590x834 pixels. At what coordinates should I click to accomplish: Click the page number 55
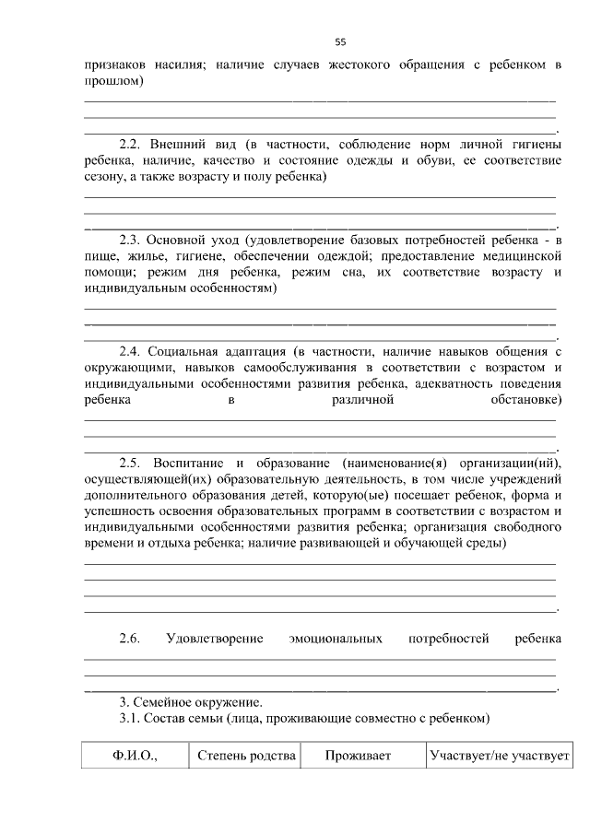[x=340, y=42]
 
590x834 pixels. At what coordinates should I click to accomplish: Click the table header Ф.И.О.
[x=136, y=756]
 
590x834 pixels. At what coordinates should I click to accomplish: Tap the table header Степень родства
[x=246, y=756]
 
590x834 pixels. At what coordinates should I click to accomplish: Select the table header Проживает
[x=359, y=756]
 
